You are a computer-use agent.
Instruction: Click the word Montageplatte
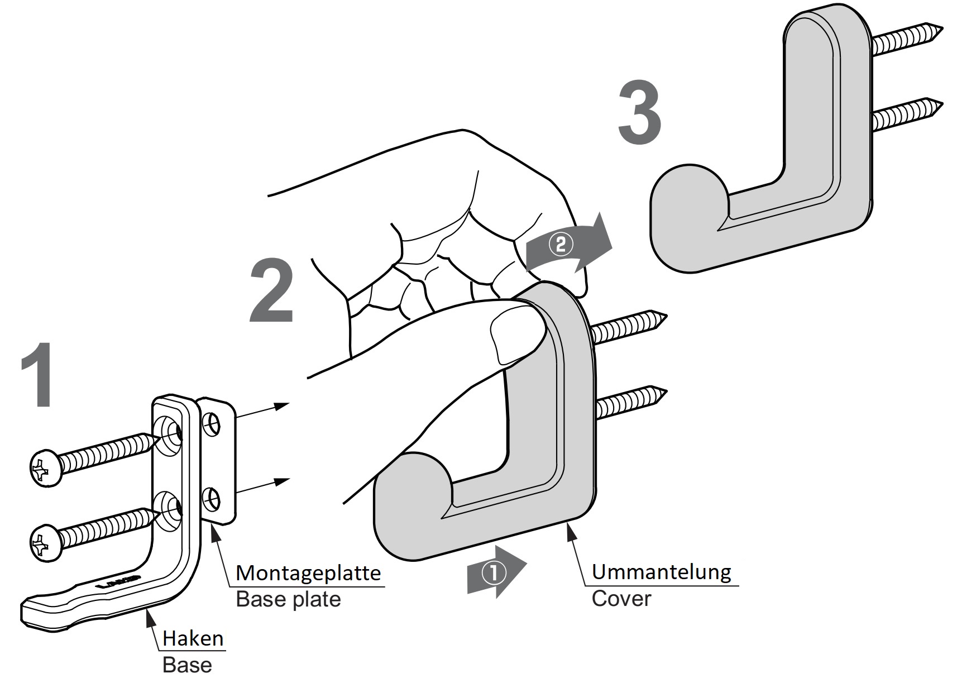(308, 573)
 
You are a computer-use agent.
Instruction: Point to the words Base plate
(288, 599)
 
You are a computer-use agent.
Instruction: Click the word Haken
(193, 638)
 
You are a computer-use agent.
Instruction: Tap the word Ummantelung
(661, 572)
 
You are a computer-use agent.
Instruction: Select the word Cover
(621, 599)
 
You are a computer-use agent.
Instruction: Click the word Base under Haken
(187, 665)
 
